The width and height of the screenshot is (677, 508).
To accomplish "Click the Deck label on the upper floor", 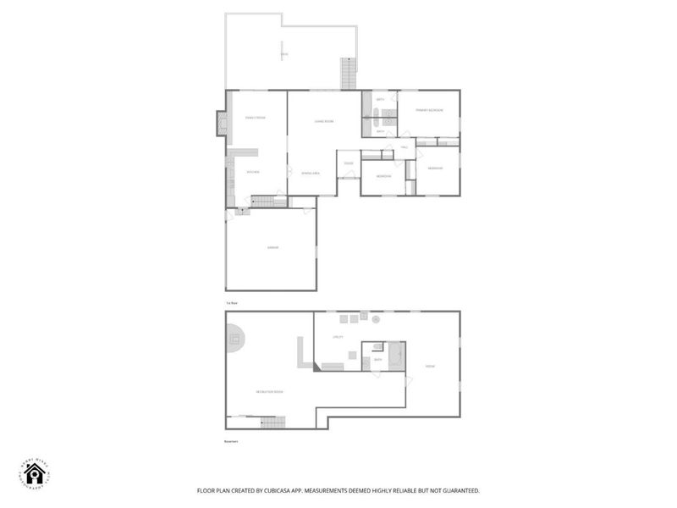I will pyautogui.click(x=284, y=55).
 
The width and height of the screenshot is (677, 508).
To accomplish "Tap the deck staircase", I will pyautogui.click(x=347, y=73).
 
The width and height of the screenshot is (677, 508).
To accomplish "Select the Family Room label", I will pyautogui.click(x=256, y=118).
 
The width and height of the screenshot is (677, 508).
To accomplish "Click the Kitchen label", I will pyautogui.click(x=252, y=172).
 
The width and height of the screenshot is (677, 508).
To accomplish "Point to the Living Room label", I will pyautogui.click(x=324, y=122).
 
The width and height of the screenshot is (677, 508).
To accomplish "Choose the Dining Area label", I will pyautogui.click(x=311, y=173).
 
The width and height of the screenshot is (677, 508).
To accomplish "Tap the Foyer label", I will pyautogui.click(x=348, y=163).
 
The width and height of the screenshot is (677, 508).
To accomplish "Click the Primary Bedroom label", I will pyautogui.click(x=429, y=111).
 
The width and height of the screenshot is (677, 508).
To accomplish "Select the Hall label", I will pyautogui.click(x=405, y=148).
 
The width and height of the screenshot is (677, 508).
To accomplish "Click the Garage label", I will pyautogui.click(x=272, y=247).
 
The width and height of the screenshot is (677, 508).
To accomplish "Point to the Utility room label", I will pyautogui.click(x=336, y=337).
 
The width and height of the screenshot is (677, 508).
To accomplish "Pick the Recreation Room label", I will pyautogui.click(x=270, y=392).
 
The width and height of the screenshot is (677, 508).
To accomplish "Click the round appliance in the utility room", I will pyautogui.click(x=376, y=319).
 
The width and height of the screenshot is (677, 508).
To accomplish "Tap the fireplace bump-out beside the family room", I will pyautogui.click(x=222, y=124).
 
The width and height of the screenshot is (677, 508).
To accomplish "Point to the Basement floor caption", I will pyautogui.click(x=231, y=441).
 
